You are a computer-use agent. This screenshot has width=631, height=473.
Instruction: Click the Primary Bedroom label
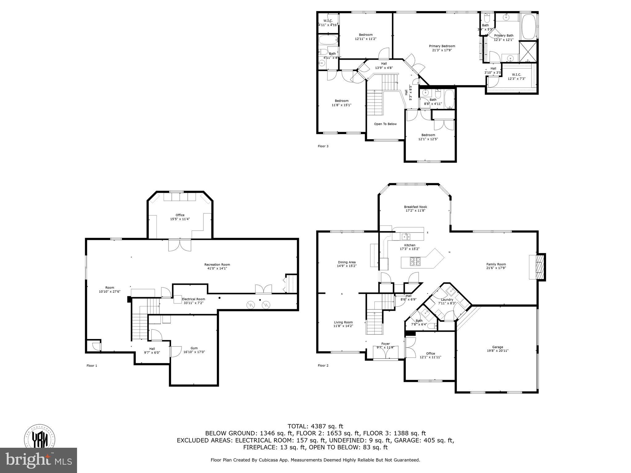[442, 46]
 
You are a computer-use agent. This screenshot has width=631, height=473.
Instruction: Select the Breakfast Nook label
[415, 207]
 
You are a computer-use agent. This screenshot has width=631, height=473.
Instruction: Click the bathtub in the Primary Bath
[528, 27]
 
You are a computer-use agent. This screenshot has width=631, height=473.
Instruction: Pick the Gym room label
[194, 348]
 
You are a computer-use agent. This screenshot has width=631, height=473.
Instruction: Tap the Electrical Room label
[193, 299]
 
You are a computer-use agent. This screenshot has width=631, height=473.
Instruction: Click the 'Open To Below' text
[385, 124]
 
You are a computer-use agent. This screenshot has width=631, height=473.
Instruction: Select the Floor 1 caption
[92, 366]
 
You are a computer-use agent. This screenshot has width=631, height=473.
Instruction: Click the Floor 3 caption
[323, 146]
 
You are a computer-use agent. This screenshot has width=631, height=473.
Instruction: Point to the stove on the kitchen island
[415, 262]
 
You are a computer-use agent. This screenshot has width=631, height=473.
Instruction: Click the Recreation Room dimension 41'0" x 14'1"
[217, 269]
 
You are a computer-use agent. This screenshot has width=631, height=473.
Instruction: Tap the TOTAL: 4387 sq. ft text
[315, 427]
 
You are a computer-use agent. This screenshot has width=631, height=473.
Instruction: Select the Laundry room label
[447, 300]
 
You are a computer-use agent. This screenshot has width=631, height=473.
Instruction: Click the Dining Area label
[347, 262]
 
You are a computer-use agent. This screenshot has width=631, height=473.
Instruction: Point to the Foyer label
[385, 344]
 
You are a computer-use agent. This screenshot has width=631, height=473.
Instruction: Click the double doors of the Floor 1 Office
[180, 245]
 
